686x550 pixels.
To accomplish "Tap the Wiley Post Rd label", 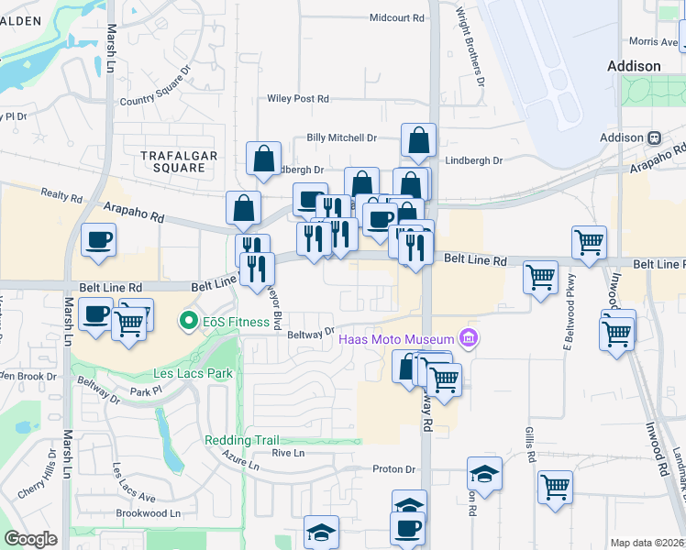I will (x=297, y=98).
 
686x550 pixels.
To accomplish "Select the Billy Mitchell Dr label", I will (x=342, y=137).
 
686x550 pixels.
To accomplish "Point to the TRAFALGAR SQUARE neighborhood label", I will (x=179, y=161).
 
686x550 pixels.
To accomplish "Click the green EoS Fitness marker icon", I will (x=189, y=321).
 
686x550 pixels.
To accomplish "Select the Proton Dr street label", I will (x=394, y=469).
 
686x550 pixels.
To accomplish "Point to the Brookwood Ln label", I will (x=149, y=514).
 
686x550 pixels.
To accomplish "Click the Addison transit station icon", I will (x=655, y=137).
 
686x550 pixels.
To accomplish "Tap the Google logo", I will (x=30, y=539).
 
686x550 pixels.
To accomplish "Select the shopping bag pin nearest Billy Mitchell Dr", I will (x=418, y=141).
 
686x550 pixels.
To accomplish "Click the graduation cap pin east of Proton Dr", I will (x=484, y=473).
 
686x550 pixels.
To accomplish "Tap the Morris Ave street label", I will (x=652, y=41).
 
